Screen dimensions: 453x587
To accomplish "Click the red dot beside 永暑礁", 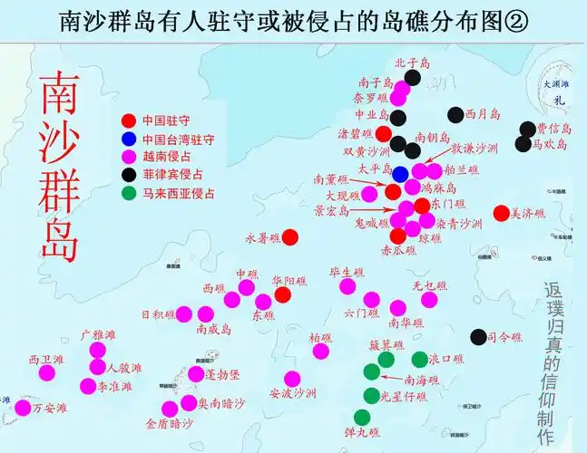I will click(x=289, y=237).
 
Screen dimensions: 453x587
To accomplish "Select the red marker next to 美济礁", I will click(x=501, y=214).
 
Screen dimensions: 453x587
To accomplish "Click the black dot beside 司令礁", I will click(x=478, y=337).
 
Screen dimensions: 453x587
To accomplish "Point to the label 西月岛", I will click(x=483, y=115).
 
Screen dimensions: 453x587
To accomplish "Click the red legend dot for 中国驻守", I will click(x=129, y=120).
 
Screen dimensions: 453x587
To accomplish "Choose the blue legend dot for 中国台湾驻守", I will click(x=129, y=139).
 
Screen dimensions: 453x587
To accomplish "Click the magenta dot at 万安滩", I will click(x=22, y=409).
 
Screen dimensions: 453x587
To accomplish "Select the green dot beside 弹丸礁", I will click(x=362, y=418).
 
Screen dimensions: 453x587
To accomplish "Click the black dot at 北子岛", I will click(x=413, y=78).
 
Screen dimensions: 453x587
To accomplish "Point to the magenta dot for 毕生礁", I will click(x=347, y=286).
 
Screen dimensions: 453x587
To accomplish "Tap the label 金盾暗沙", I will click(x=169, y=423).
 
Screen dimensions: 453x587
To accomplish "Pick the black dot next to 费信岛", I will click(x=527, y=130).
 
